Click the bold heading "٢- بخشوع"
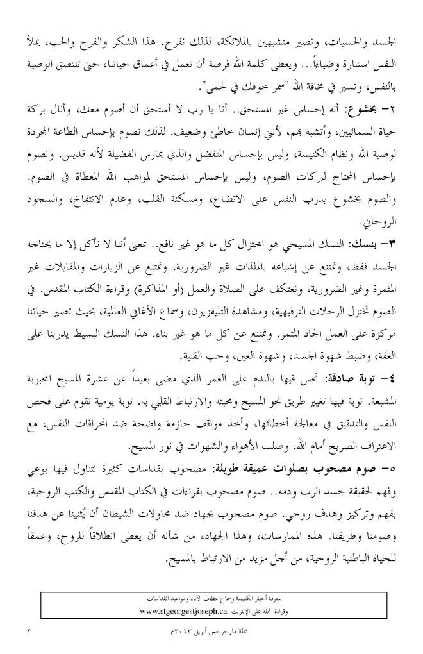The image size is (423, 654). click(379, 106)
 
